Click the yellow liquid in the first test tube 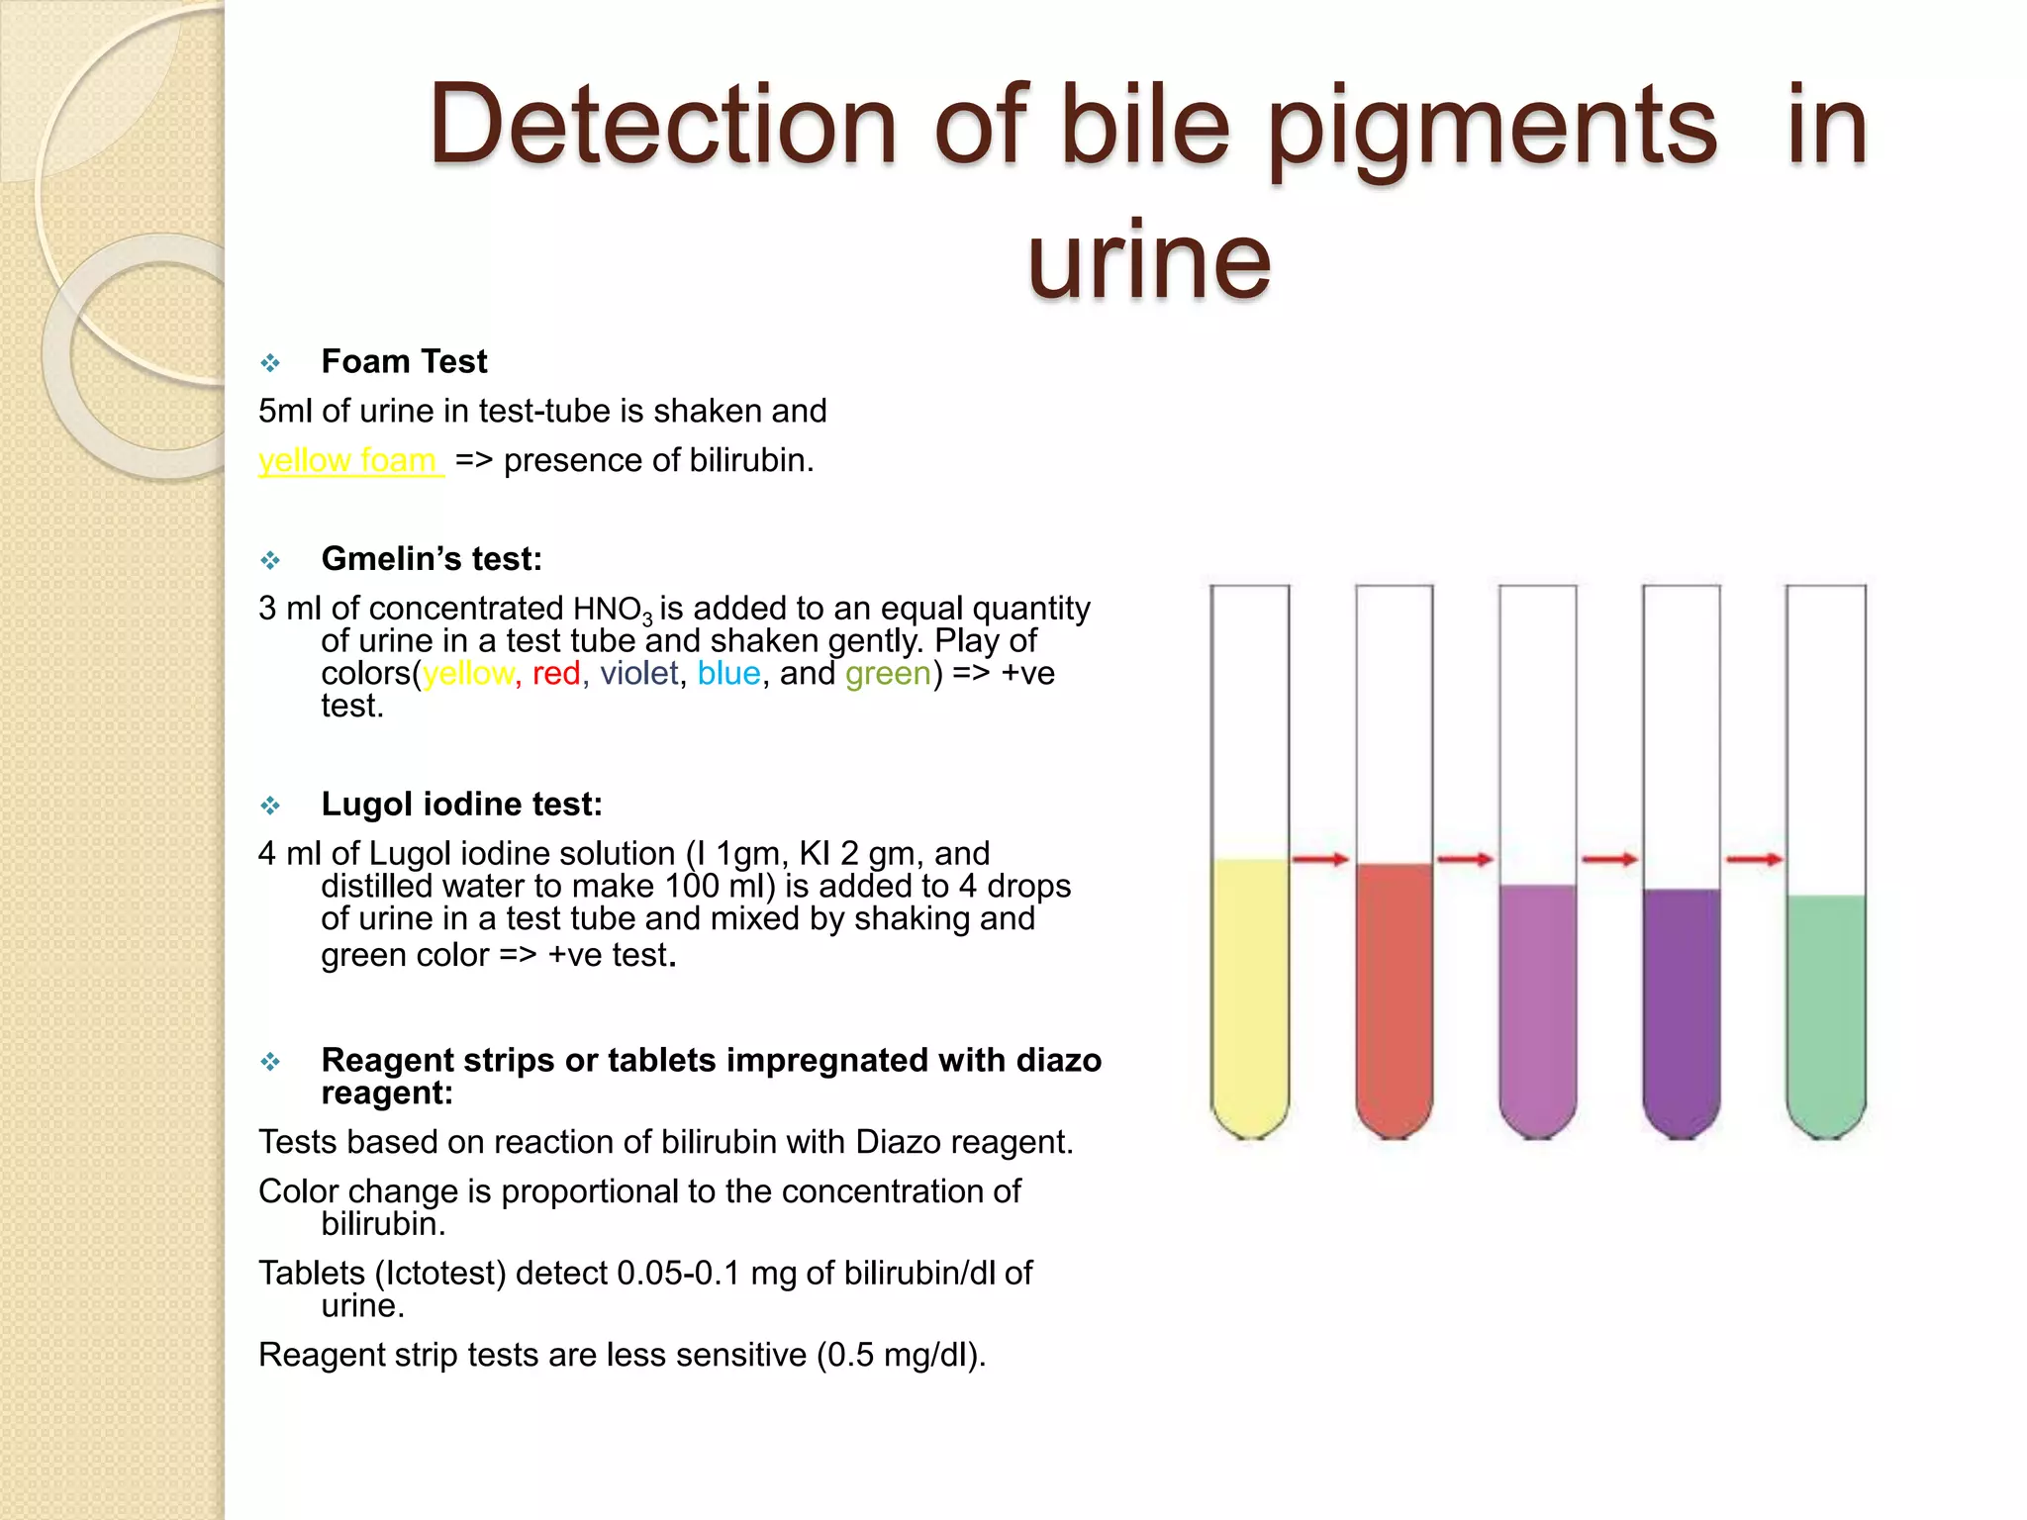click(x=1250, y=990)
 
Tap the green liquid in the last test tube click(x=1826, y=1009)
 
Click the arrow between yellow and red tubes click(x=1321, y=859)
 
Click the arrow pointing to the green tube click(x=1754, y=859)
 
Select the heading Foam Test click(x=404, y=362)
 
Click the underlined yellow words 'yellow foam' click(x=347, y=461)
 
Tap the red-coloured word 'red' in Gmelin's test click(x=556, y=674)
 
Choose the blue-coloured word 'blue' click(x=728, y=674)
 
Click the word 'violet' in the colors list click(x=639, y=674)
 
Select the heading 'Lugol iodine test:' click(x=461, y=805)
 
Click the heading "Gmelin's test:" click(x=432, y=559)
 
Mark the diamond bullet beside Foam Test click(x=270, y=363)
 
